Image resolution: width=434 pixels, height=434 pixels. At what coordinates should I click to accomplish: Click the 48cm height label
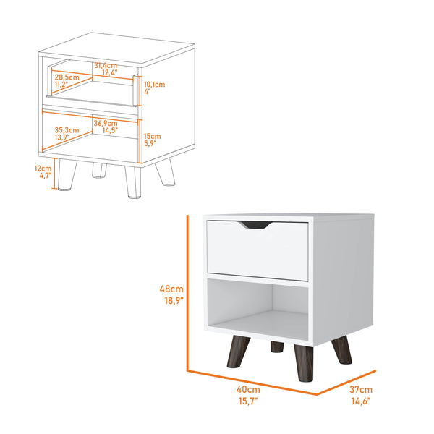(x=172, y=289)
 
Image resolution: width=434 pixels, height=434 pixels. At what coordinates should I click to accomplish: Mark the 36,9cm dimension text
(x=105, y=123)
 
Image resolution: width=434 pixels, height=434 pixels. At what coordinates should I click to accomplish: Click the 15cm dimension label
(x=152, y=135)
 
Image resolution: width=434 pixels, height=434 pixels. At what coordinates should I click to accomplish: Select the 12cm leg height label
(x=43, y=168)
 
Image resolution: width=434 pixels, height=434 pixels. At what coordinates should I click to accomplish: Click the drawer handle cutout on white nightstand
(x=258, y=226)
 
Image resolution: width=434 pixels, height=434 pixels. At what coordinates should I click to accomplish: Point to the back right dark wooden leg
(x=339, y=346)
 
